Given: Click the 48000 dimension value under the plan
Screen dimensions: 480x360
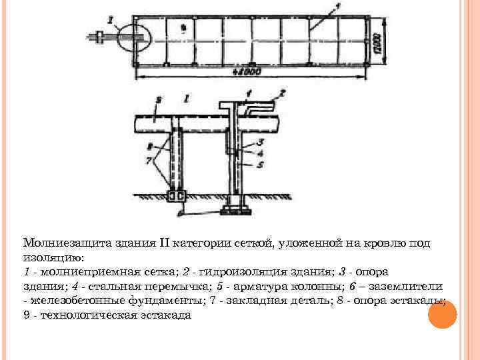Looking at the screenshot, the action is tap(244, 71).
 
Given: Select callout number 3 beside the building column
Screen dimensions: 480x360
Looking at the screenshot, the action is tap(260, 142).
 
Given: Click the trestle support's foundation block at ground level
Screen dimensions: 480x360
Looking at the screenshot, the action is tap(177, 196).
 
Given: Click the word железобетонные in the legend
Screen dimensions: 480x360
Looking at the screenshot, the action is tap(67, 301).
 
